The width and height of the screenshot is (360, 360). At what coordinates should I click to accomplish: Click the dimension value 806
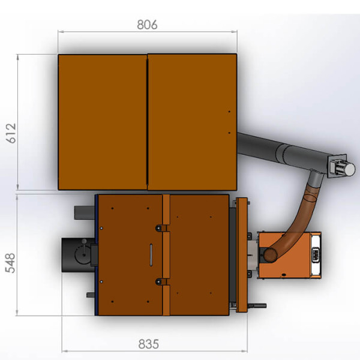click(147, 25)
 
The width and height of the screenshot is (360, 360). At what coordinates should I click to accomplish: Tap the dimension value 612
click(11, 133)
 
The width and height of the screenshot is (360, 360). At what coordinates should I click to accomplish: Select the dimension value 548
click(10, 263)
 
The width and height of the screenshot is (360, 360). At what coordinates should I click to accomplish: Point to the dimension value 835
click(149, 344)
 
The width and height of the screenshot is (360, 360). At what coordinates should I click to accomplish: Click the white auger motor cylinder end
click(349, 169)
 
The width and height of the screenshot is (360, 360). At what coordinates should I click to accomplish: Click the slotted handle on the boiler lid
click(151, 255)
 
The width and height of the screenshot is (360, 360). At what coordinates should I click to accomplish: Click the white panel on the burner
click(316, 255)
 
